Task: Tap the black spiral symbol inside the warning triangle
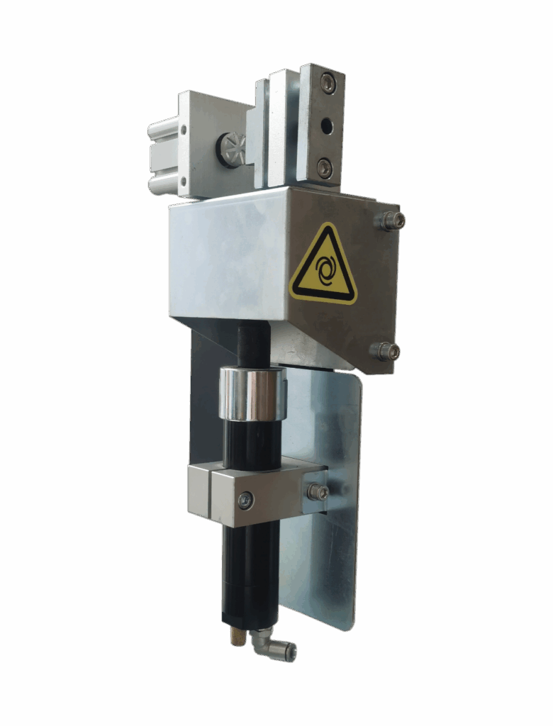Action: (325, 272)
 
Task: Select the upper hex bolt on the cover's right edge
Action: (391, 220)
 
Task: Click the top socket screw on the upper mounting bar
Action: (327, 84)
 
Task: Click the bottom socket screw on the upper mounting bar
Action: (324, 168)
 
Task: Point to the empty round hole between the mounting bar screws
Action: (326, 126)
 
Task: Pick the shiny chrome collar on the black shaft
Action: (252, 393)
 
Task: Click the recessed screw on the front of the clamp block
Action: (245, 501)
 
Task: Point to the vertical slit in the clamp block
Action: (211, 492)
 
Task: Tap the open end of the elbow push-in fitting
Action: (291, 653)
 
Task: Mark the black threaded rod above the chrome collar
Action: (253, 344)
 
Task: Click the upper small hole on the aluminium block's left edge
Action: (184, 130)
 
